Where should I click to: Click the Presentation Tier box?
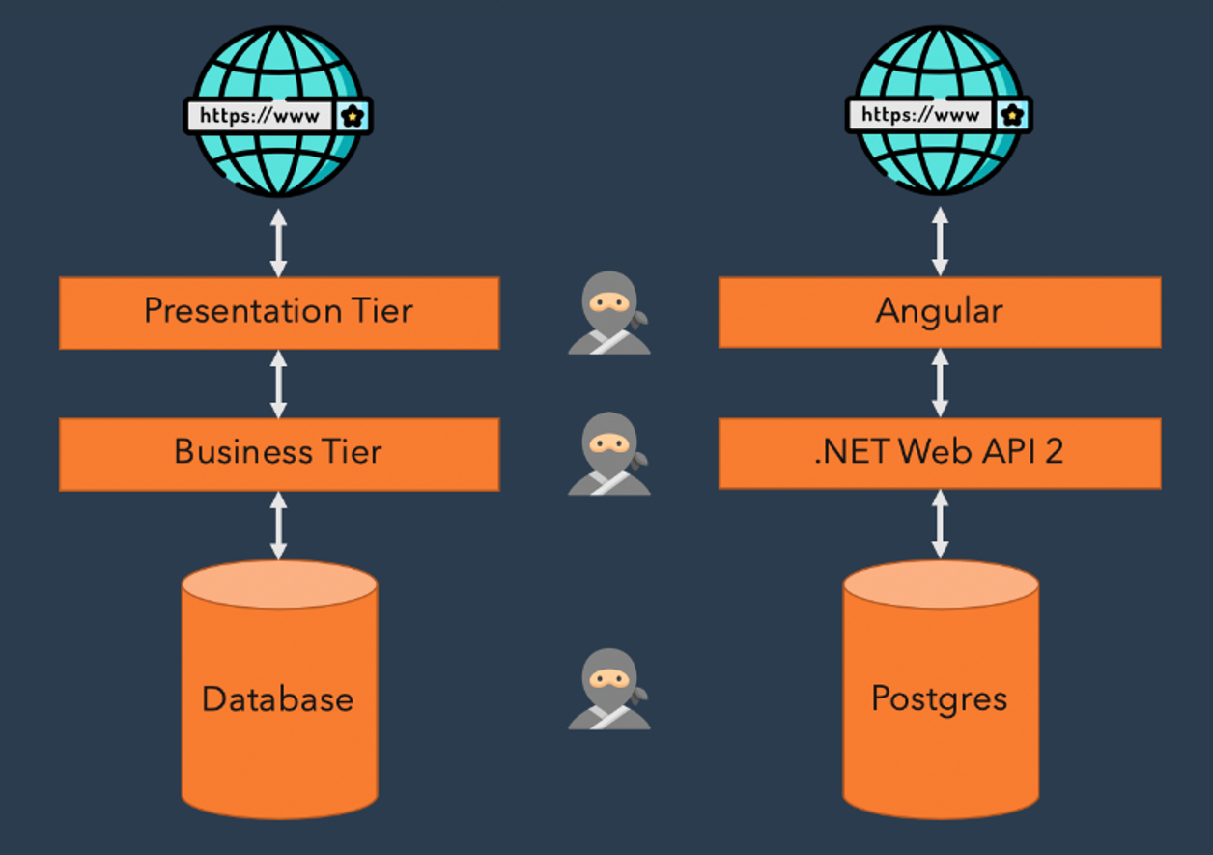coord(279,312)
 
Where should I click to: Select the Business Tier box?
coord(279,453)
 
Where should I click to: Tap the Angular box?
coord(939,312)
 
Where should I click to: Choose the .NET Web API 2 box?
coord(939,453)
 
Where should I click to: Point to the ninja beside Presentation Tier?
coord(608,312)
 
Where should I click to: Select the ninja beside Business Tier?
coord(608,453)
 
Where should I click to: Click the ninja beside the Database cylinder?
coord(608,688)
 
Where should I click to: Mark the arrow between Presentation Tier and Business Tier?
coord(279,384)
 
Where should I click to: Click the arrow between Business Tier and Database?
coord(279,526)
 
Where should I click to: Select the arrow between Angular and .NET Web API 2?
coord(940,384)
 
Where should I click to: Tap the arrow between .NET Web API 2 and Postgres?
coord(940,526)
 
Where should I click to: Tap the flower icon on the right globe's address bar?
coord(1013,115)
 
